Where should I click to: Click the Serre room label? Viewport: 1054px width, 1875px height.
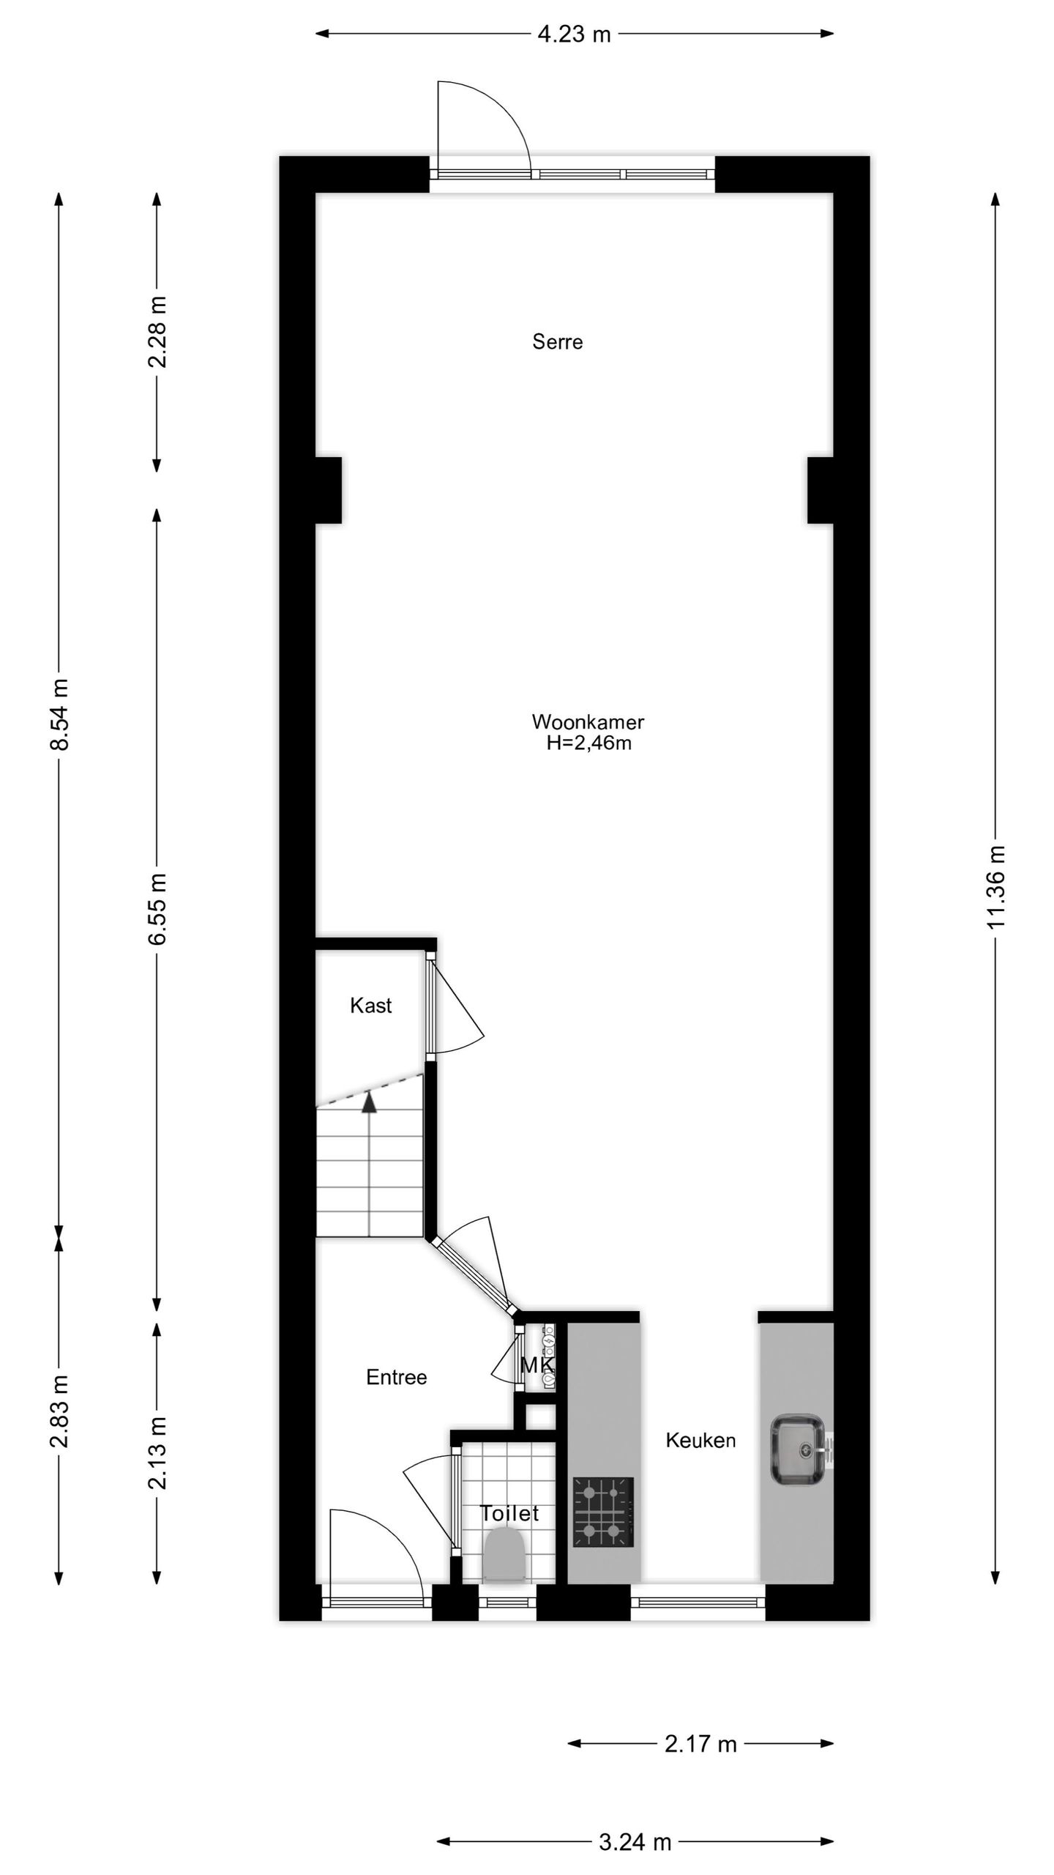pos(557,342)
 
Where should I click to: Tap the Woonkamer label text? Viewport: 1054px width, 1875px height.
pos(588,721)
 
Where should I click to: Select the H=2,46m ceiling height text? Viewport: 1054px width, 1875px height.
pos(588,743)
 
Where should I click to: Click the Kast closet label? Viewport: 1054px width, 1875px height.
pos(370,1006)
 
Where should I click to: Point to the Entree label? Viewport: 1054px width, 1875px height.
pos(396,1378)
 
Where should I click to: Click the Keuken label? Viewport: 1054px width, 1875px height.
pos(700,1441)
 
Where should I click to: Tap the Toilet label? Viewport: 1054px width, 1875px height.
pos(509,1513)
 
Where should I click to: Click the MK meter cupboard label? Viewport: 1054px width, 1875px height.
pos(537,1365)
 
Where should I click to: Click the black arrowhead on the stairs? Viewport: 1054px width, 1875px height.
pos(370,1102)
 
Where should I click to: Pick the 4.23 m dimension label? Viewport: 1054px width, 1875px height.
pos(574,34)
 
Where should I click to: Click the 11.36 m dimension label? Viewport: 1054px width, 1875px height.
pos(996,886)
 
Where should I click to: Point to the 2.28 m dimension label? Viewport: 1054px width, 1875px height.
pos(157,332)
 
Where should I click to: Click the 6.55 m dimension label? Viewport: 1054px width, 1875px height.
pos(157,908)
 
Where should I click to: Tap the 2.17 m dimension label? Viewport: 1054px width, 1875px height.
pos(700,1744)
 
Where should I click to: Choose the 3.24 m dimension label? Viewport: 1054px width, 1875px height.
pos(635,1841)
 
